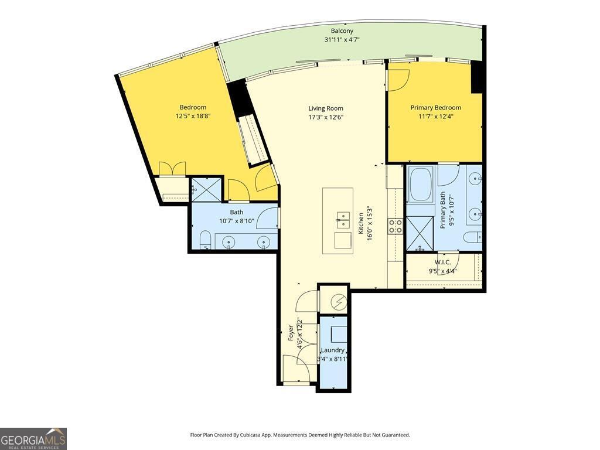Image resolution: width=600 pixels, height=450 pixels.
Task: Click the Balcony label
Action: point(342,31)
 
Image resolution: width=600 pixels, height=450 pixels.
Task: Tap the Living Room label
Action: point(326,108)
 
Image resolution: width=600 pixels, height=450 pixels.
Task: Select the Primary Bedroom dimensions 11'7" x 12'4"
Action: point(436,117)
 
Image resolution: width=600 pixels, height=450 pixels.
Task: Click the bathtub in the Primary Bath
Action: point(420,185)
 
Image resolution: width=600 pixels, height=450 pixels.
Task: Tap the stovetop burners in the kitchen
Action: point(396,226)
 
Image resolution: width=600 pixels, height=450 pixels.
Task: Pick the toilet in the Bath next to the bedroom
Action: point(205,240)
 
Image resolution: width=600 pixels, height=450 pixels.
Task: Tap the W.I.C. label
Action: point(442,262)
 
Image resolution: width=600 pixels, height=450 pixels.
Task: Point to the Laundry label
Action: point(333,350)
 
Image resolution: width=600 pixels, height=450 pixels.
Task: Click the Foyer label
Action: point(291,333)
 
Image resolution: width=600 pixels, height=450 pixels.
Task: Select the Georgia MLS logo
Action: point(33,438)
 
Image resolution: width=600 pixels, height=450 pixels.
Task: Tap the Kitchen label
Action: point(361,223)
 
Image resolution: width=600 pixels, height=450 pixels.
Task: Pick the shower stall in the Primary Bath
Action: point(420,234)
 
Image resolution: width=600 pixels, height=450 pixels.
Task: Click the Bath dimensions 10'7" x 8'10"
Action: point(237,221)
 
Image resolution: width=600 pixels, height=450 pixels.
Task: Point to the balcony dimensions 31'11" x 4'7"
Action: point(342,39)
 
